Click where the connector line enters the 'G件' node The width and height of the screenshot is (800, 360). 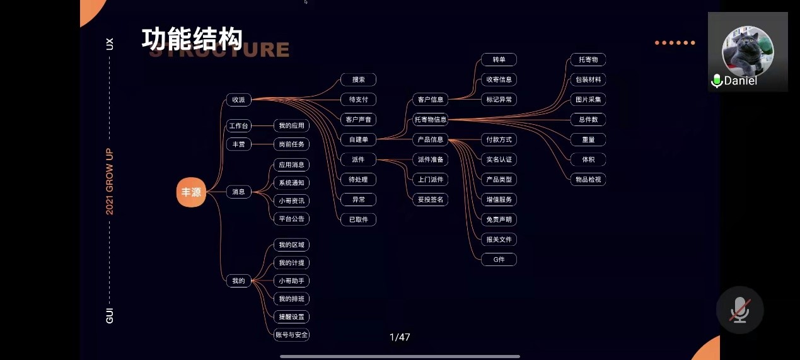pos(482,260)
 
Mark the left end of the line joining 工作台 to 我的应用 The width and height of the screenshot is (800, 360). pos(252,125)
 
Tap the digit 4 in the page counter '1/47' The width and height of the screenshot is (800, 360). pos(402,337)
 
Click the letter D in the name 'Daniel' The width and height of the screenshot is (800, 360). pos(728,81)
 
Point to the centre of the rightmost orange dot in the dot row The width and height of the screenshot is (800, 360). pos(693,43)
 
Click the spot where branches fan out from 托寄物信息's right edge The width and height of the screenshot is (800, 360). pos(448,120)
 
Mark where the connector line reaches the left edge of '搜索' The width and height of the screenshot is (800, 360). pos(340,79)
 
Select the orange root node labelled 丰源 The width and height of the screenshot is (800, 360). pos(191,192)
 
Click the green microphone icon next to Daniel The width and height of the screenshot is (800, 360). pos(717,81)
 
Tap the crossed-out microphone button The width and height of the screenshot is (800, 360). pos(739,310)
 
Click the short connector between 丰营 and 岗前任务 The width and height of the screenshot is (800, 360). pos(262,144)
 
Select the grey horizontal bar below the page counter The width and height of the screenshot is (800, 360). pos(400,356)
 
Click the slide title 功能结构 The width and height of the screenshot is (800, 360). pos(192,38)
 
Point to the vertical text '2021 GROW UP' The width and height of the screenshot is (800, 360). pos(109,182)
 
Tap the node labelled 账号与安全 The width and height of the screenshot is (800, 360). pos(291,335)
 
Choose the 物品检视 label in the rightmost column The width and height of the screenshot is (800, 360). pos(588,179)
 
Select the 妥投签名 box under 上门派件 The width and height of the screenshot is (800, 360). pos(431,199)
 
